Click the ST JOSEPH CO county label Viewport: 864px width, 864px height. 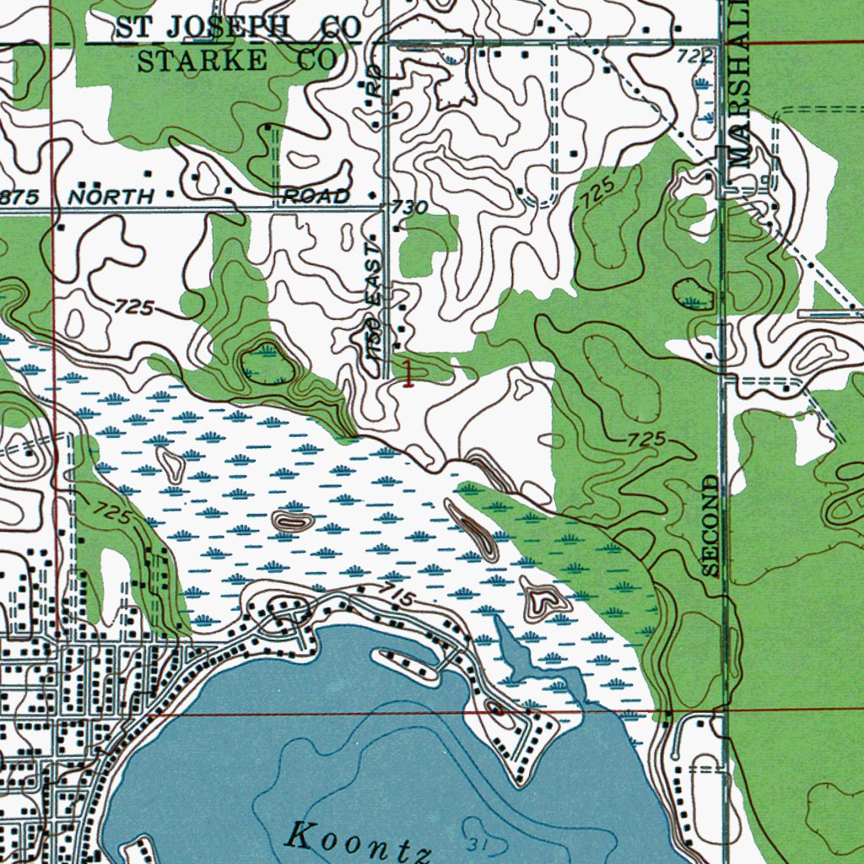[x=239, y=27]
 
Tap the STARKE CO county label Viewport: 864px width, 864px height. [x=236, y=60]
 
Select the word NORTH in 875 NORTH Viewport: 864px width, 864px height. [x=111, y=197]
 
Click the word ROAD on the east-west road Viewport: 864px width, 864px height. [x=316, y=197]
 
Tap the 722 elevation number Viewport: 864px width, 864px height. [x=692, y=56]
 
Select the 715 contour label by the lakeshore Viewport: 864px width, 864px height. [x=396, y=596]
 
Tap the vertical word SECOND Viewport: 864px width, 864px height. [x=711, y=526]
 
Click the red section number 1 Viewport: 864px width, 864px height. [x=409, y=372]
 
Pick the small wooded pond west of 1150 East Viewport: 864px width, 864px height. [x=267, y=364]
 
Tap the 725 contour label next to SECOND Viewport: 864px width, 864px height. [x=648, y=440]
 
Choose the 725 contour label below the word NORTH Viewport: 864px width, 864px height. [x=133, y=308]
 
